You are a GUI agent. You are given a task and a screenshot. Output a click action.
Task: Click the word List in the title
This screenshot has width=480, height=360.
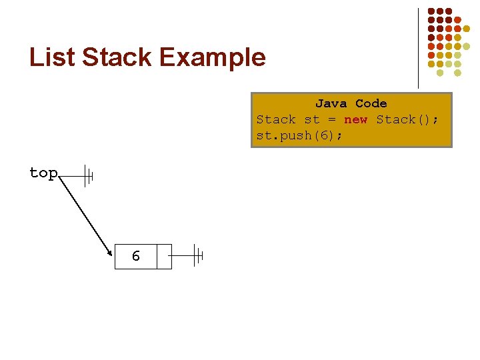pyautogui.click(x=52, y=57)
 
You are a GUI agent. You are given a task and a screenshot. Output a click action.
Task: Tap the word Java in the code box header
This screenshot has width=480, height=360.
pyautogui.click(x=331, y=103)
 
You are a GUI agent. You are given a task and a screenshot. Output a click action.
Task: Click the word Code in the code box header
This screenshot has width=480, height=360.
pyautogui.click(x=371, y=103)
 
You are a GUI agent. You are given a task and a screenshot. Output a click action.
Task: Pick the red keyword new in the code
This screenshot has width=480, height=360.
pyautogui.click(x=355, y=119)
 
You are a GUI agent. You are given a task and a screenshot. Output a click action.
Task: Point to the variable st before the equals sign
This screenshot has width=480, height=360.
pyautogui.click(x=312, y=119)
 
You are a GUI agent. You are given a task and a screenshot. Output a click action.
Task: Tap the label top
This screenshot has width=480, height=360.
pyautogui.click(x=43, y=173)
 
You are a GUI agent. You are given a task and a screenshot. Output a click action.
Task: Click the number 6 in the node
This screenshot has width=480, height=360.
pyautogui.click(x=136, y=256)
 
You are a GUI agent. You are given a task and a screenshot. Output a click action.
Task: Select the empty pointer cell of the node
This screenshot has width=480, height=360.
pyautogui.click(x=164, y=256)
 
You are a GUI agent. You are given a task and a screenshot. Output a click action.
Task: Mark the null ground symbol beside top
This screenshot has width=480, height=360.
pyautogui.click(x=88, y=176)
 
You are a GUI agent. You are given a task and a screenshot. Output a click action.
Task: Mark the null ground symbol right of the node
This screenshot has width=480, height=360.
pyautogui.click(x=198, y=255)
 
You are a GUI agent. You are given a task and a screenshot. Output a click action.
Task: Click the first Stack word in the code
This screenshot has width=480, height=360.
pyautogui.click(x=276, y=119)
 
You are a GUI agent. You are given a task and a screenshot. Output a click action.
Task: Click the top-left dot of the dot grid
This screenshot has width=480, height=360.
pyautogui.click(x=431, y=11)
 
